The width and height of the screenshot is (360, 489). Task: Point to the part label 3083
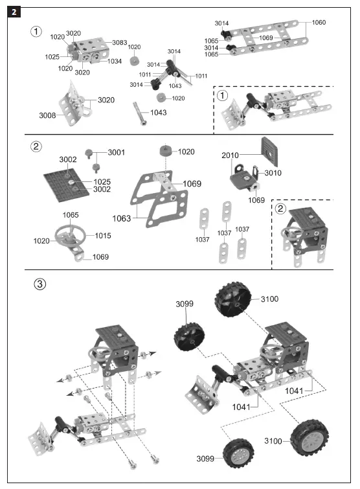pos(119,43)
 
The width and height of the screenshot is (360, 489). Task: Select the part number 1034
pos(115,62)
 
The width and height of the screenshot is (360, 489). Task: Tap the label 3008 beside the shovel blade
pos(47,115)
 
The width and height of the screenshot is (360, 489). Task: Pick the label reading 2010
pos(231,155)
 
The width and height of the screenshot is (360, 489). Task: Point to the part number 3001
pos(117,152)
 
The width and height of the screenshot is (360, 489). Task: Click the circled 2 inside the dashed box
pos(280,209)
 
